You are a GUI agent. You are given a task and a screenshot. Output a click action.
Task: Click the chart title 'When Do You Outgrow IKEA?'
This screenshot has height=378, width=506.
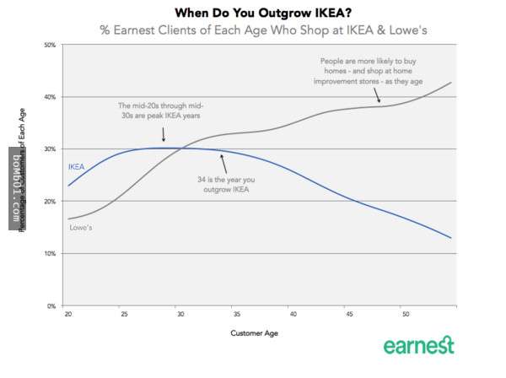point(252,13)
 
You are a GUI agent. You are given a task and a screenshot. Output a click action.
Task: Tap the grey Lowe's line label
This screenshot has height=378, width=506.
point(80,229)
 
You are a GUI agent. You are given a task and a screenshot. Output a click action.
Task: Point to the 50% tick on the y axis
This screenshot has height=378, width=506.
point(50,44)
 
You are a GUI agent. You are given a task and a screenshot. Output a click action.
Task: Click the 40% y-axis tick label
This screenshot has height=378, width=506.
point(50,97)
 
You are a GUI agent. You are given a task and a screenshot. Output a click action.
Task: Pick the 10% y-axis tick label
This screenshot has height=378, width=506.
point(50,253)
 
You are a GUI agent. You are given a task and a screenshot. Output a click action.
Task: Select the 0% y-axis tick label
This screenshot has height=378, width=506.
point(51,305)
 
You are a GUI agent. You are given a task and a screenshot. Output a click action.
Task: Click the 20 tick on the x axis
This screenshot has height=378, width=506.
point(67,314)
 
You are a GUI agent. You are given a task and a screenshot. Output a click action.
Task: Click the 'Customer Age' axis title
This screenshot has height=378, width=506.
point(254,333)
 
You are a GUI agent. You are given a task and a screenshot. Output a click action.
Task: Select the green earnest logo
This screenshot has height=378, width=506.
point(418,346)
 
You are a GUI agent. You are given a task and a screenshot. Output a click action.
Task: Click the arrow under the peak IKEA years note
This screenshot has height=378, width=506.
point(163,135)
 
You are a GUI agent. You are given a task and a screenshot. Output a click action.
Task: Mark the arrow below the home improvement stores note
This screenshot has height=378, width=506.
point(380,97)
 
